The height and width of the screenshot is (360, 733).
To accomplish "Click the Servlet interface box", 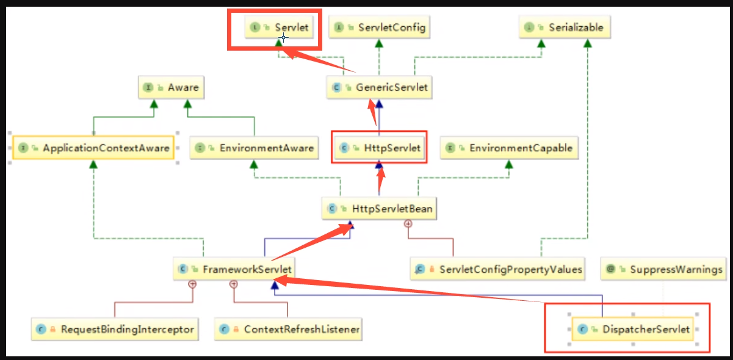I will tap(283, 27).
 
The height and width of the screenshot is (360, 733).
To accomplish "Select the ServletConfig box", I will tap(378, 27).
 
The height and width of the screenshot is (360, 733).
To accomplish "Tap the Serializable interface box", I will tap(566, 27).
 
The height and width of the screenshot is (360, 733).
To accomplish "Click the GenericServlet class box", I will tap(379, 87).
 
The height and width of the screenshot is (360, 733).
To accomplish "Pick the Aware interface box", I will tap(170, 87).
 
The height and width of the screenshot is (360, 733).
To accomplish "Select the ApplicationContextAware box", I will tap(93, 148).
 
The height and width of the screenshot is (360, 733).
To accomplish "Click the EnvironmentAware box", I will tap(254, 148).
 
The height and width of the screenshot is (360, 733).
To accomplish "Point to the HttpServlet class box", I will tap(379, 148).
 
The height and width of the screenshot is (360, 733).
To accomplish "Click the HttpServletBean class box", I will tap(380, 209).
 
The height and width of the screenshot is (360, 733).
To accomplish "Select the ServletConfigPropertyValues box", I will tap(497, 269).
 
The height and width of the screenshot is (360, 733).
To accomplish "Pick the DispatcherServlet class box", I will tap(635, 329).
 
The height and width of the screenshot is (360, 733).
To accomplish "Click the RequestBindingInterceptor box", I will tap(115, 329).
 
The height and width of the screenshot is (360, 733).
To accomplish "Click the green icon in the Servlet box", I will tap(255, 27).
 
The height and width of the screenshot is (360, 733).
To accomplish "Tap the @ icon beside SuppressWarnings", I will tap(611, 269).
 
